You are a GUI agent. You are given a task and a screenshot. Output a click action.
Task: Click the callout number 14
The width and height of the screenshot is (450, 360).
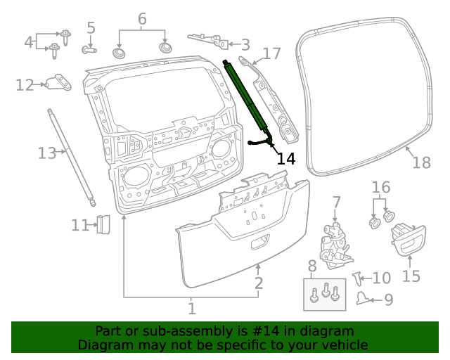(x=286, y=159)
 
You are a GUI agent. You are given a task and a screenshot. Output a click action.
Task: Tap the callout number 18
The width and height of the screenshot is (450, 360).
(x=420, y=162)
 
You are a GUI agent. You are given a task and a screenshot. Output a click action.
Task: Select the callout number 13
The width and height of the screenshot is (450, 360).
(x=46, y=152)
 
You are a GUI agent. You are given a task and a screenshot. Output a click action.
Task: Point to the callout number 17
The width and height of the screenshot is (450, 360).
(x=271, y=53)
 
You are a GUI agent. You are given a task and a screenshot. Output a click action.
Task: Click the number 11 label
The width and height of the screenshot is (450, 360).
(x=79, y=226)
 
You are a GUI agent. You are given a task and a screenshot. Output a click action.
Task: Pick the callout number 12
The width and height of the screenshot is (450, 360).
(x=25, y=85)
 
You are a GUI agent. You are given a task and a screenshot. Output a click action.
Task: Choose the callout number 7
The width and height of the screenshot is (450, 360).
(x=336, y=203)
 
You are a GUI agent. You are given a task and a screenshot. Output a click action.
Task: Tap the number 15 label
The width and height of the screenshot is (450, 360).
(x=411, y=276)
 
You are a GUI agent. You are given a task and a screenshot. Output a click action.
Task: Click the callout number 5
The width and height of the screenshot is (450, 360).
(x=91, y=29)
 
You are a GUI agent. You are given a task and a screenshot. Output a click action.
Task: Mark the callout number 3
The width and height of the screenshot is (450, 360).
(x=245, y=45)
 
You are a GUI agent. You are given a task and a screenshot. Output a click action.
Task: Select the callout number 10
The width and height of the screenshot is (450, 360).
(x=382, y=278)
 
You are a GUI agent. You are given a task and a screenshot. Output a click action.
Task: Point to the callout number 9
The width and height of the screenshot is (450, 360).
(x=388, y=301)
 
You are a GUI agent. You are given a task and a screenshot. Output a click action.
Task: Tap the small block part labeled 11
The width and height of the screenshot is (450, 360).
(x=103, y=224)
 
